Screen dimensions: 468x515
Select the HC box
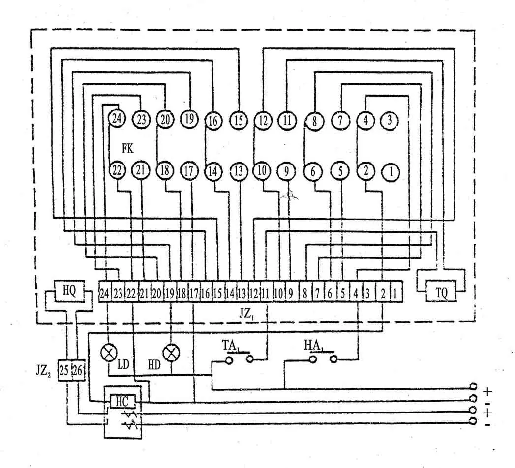(x=121, y=401)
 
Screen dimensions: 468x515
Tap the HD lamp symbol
(x=171, y=352)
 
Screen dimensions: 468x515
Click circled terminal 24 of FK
(x=117, y=118)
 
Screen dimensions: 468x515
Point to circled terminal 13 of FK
(x=239, y=171)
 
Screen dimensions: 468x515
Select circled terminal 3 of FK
(x=390, y=120)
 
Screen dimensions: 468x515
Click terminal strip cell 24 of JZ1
(x=104, y=294)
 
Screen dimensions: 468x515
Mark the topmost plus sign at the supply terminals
(x=487, y=391)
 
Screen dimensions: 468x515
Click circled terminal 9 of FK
(x=285, y=171)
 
